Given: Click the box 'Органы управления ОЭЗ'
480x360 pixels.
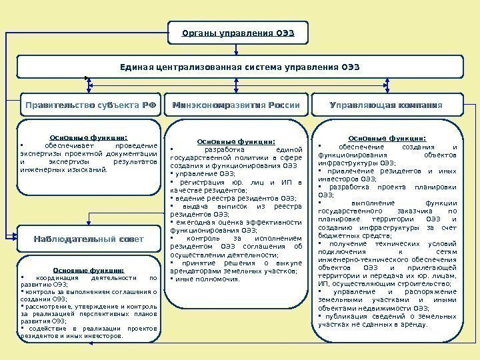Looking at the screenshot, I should click(x=239, y=33).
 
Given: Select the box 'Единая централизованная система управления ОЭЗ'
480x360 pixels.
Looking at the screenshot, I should click(x=239, y=67).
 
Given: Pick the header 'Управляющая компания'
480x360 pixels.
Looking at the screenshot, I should click(x=387, y=105).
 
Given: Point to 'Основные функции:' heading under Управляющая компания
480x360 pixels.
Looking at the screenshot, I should click(x=387, y=139).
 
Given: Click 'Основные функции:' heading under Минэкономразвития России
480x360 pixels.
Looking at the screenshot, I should click(x=237, y=141).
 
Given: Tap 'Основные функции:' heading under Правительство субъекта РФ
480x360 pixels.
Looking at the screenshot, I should click(x=89, y=138).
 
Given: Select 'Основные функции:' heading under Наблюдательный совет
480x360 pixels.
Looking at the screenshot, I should click(x=89, y=270).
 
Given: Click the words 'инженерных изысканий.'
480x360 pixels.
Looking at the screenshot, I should click(x=64, y=169).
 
